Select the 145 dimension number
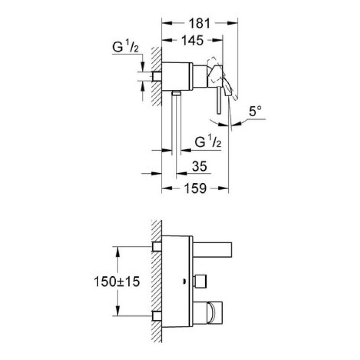click(x=191, y=40)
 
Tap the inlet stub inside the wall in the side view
click(x=157, y=76)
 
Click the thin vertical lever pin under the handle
click(x=219, y=100)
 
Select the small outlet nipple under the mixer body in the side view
click(x=176, y=93)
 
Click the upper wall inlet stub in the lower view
click(x=157, y=247)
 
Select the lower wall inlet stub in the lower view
click(x=157, y=315)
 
